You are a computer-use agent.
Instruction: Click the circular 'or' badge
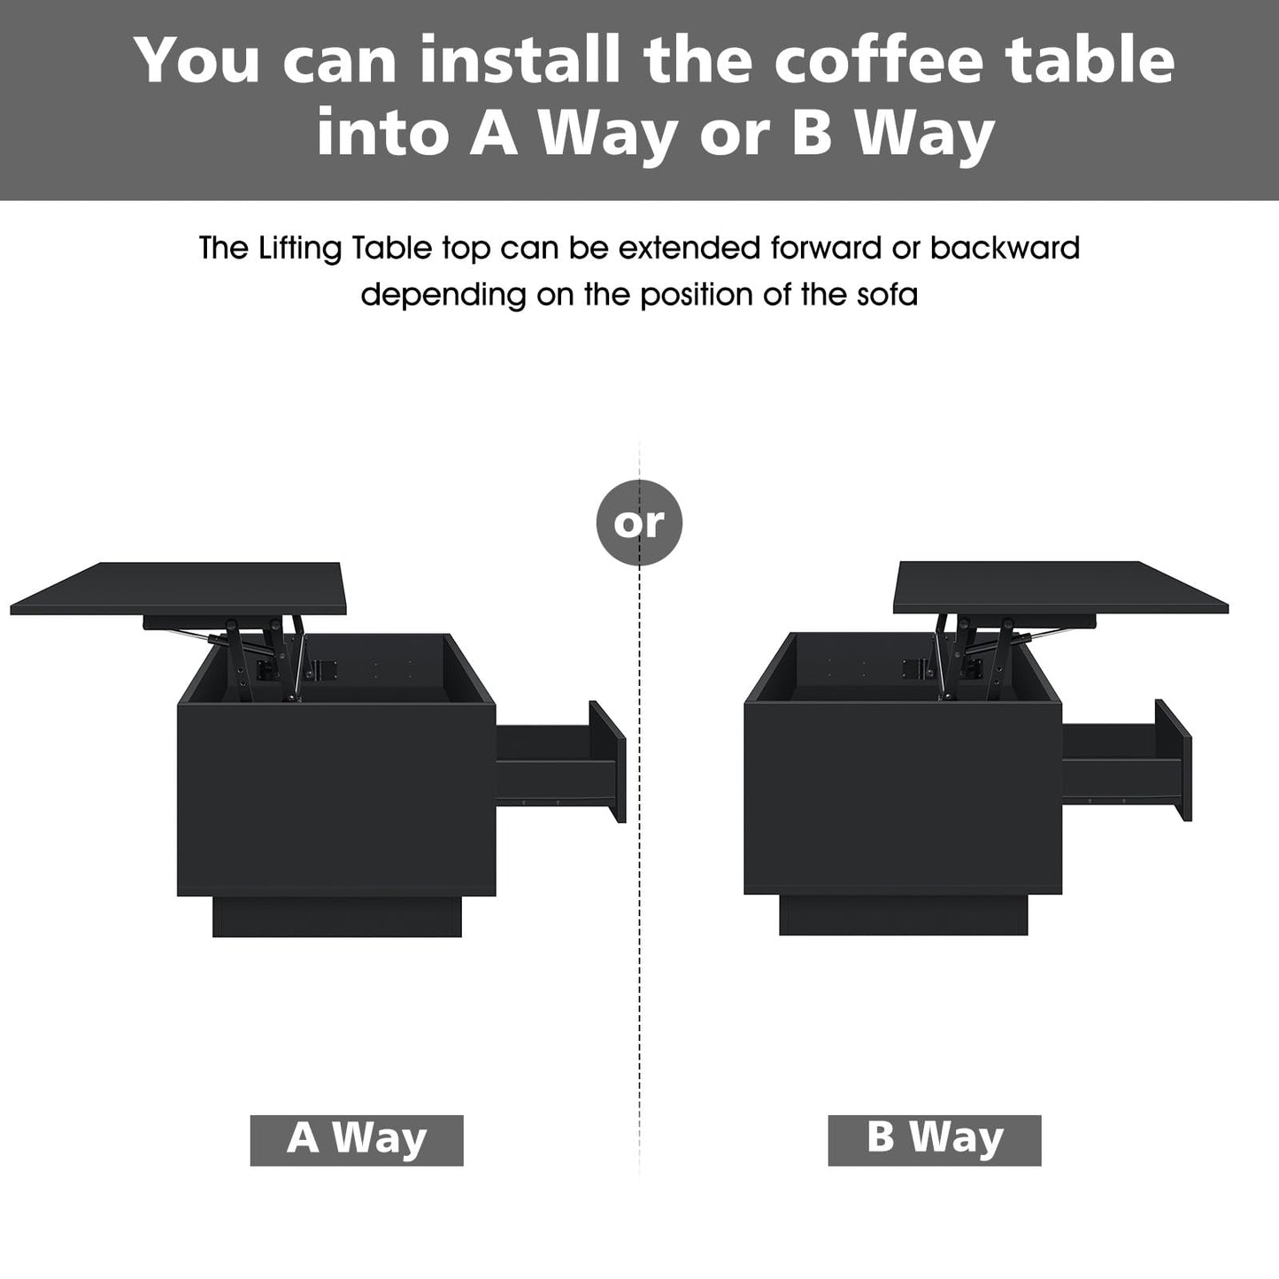pyautogui.click(x=639, y=522)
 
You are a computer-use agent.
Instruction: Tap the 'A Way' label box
pyautogui.click(x=357, y=1139)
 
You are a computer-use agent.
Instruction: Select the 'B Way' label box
pyautogui.click(x=934, y=1139)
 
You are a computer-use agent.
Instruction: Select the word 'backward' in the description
pyautogui.click(x=1005, y=248)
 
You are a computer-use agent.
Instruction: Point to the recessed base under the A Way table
pyautogui.click(x=337, y=916)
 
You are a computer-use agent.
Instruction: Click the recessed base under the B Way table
pyautogui.click(x=903, y=915)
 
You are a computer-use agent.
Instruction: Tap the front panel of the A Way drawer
pyautogui.click(x=608, y=761)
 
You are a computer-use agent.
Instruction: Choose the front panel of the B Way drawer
pyautogui.click(x=1174, y=759)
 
